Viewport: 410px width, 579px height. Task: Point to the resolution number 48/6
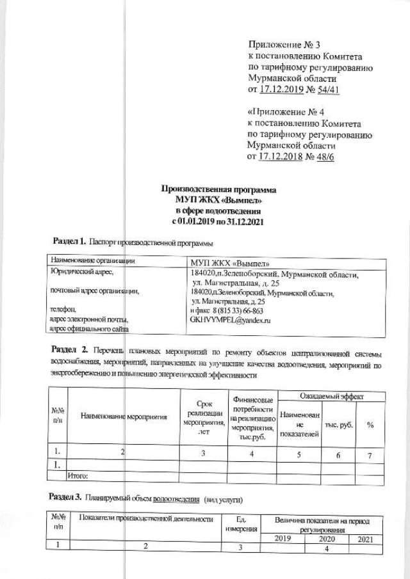click(x=324, y=156)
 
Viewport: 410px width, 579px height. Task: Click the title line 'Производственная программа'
click(x=219, y=189)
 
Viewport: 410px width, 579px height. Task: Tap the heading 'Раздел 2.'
click(x=69, y=350)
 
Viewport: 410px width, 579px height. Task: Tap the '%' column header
click(x=370, y=425)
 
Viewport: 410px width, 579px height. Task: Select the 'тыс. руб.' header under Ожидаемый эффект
click(x=340, y=425)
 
